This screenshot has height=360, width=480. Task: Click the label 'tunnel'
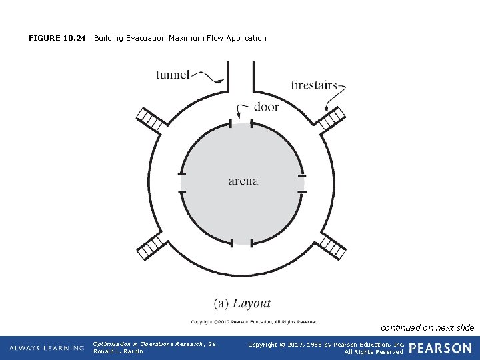173,75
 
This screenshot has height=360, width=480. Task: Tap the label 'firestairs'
313,85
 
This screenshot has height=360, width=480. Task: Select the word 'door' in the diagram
266,107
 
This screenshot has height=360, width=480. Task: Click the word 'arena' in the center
243,181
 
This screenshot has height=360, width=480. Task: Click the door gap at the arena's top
241,123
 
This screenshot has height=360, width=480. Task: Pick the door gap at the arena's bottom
241,241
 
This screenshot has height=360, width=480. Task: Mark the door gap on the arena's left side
181,182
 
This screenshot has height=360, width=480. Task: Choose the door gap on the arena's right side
302,182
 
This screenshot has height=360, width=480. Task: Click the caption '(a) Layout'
242,303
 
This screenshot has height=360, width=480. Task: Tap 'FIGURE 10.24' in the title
57,38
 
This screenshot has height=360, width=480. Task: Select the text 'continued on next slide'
427,327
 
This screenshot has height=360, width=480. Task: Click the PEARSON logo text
440,348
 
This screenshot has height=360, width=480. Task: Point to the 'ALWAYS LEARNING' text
47,348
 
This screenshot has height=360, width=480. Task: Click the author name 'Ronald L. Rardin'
118,351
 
